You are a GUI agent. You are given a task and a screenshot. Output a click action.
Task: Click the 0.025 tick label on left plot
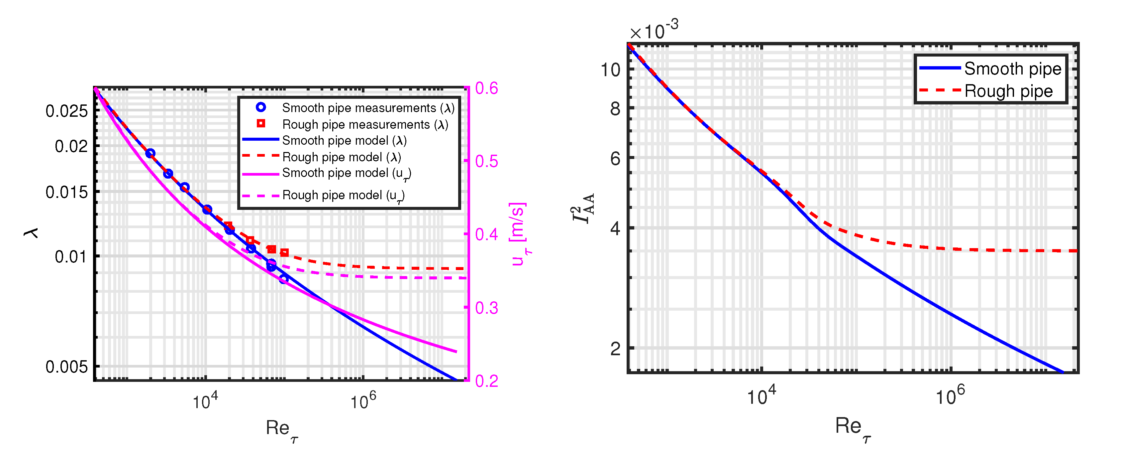click(x=66, y=111)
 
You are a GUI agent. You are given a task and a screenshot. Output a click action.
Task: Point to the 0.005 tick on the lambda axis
click(x=66, y=367)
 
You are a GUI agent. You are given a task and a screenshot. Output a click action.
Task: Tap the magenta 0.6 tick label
click(x=486, y=88)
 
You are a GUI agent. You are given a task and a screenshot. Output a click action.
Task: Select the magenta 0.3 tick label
click(x=486, y=308)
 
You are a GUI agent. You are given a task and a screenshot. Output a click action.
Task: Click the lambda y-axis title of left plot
click(x=31, y=233)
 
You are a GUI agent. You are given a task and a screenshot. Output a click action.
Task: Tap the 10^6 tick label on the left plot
click(x=362, y=401)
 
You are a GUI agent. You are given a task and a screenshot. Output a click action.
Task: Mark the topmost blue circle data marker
click(x=150, y=153)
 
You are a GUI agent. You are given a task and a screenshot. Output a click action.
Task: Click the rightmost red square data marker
click(x=284, y=253)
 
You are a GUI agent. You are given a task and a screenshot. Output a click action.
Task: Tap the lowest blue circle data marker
click(x=284, y=279)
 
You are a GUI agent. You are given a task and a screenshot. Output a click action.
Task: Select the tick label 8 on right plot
click(x=615, y=109)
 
